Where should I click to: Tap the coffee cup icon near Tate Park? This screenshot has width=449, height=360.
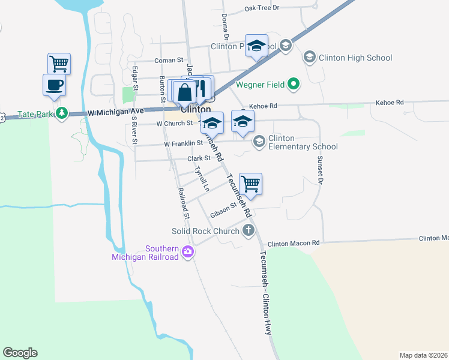(54, 85)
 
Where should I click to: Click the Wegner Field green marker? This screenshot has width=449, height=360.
(294, 85)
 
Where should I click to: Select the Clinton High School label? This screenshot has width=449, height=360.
(355, 58)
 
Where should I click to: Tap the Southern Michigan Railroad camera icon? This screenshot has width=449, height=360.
(188, 252)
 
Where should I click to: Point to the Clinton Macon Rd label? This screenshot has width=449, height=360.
(294, 244)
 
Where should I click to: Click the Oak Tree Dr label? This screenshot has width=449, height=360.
(262, 8)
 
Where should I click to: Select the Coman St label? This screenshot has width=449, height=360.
(168, 60)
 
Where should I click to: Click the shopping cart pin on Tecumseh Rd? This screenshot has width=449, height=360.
(250, 184)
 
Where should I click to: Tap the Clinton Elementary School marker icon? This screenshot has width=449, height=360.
(259, 142)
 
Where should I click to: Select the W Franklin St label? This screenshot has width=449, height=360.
(183, 143)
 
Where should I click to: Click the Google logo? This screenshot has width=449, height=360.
(20, 353)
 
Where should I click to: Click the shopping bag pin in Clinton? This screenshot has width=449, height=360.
(185, 92)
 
